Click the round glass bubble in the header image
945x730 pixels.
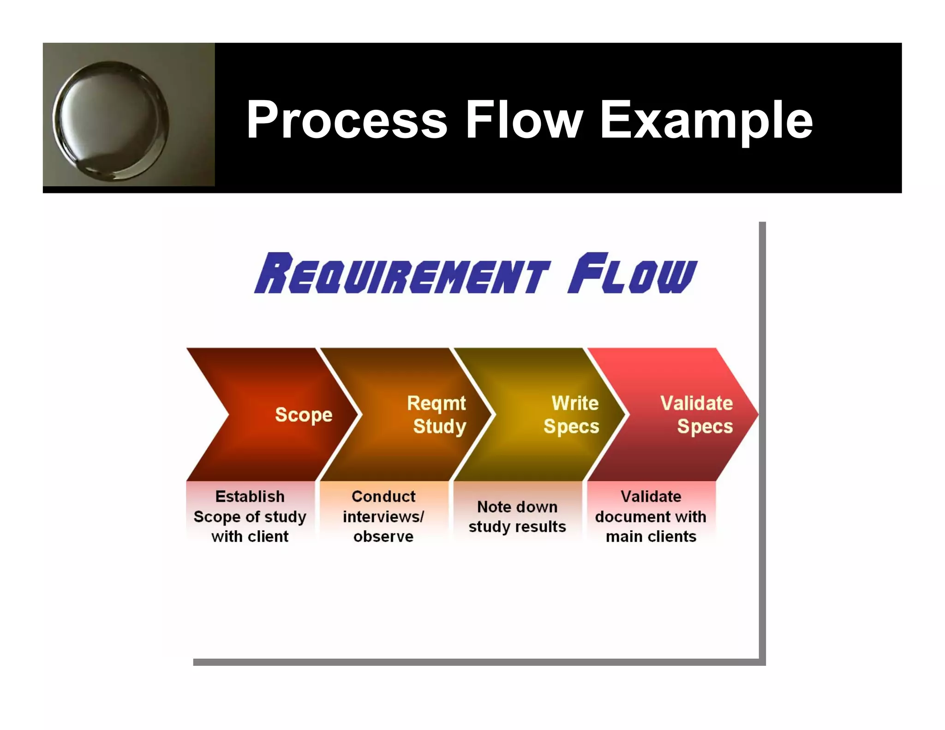point(111,121)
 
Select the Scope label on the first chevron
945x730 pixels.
point(304,415)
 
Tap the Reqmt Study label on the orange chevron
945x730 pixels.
point(437,415)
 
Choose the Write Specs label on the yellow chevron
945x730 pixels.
point(572,415)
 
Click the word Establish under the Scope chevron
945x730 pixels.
point(250,497)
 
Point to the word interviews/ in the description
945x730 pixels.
point(383,517)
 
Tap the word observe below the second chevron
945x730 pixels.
point(383,537)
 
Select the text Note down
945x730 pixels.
point(517,507)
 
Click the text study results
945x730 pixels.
point(517,527)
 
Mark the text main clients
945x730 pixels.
point(651,537)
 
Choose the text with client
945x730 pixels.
point(250,537)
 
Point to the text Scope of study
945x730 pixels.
point(250,517)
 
